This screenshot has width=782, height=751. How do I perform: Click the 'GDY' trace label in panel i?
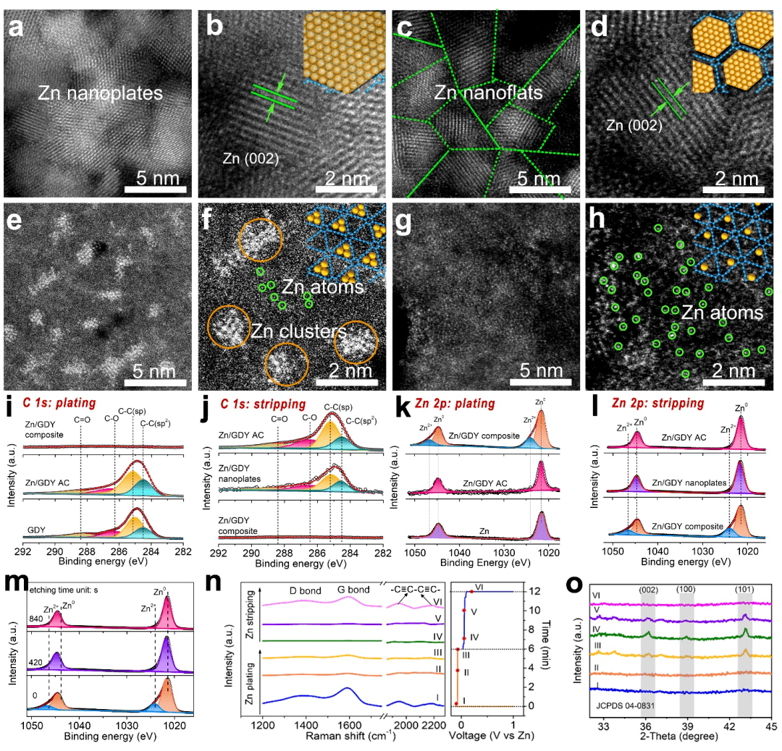(x=35, y=530)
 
